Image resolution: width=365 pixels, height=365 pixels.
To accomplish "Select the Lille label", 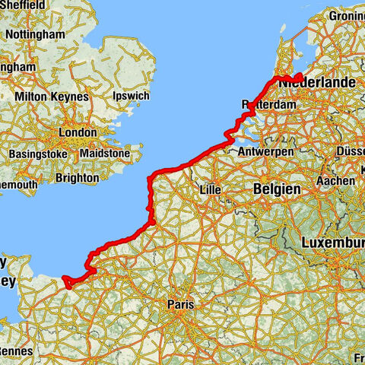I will click(x=208, y=189).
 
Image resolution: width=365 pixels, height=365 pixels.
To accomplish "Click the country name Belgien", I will click(x=277, y=189).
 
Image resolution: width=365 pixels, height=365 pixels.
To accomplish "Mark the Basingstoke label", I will click(x=38, y=155).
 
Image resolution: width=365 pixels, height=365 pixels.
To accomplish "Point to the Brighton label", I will click(x=77, y=178).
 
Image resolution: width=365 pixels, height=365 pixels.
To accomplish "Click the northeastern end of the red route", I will click(x=301, y=75).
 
